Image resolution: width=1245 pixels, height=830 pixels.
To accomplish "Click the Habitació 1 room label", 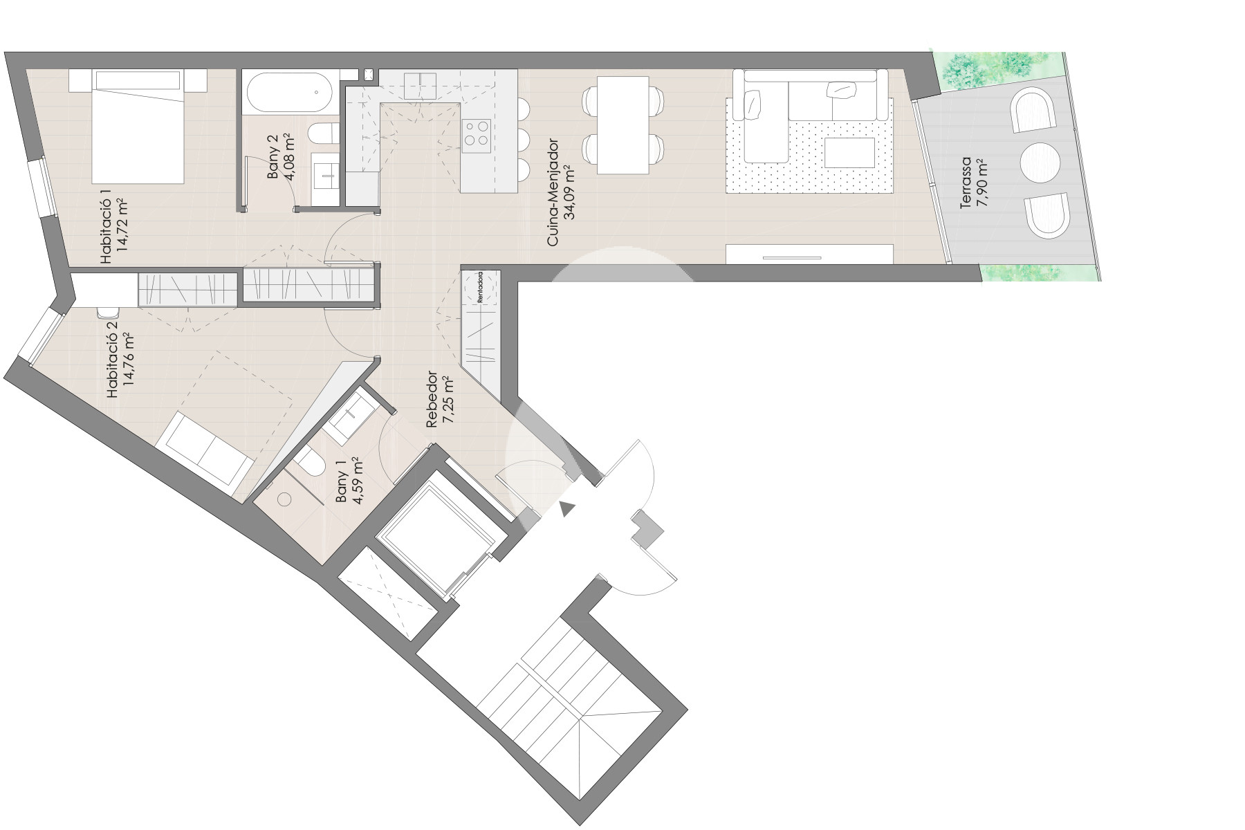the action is (x=116, y=231).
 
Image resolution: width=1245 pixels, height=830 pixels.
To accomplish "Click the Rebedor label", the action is (x=440, y=400).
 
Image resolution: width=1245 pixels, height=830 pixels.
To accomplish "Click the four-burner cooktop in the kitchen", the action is (x=477, y=131).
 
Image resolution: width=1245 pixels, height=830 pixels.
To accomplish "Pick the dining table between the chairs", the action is (x=622, y=124).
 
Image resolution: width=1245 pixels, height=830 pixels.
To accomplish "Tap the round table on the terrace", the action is (x=1040, y=163).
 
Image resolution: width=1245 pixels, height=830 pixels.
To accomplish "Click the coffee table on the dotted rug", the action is (x=849, y=152).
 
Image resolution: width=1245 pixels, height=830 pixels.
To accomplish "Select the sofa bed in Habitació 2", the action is (x=205, y=449).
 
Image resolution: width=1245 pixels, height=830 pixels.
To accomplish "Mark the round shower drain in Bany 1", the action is (x=285, y=499).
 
